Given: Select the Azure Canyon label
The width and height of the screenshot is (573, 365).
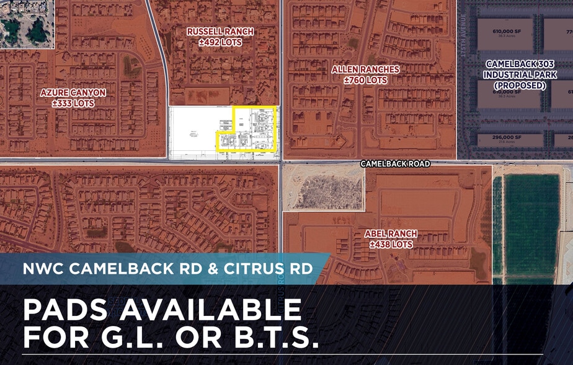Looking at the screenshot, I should (73, 92).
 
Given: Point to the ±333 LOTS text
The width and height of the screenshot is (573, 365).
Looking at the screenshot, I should (73, 103).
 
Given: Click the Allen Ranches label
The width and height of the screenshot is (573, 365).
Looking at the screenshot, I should (365, 70).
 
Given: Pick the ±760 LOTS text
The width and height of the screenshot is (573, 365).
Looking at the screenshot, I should (365, 80).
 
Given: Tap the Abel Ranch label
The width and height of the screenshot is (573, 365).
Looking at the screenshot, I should (391, 234).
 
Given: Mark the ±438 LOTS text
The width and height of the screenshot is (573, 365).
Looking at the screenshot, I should (391, 245).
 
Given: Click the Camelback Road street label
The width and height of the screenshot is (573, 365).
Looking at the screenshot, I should (396, 164).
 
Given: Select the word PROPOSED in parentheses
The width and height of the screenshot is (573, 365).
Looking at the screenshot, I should (520, 85).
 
